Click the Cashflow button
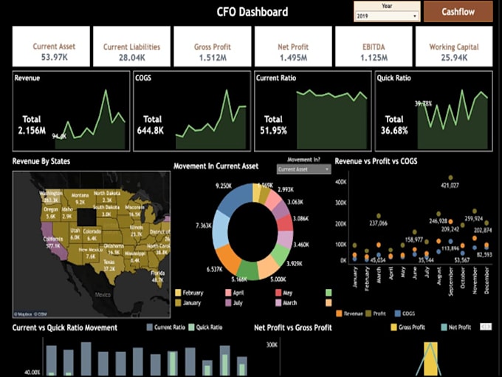click(x=458, y=12)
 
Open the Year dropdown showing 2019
click(x=387, y=16)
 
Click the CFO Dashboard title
click(x=252, y=12)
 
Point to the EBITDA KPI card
click(x=373, y=46)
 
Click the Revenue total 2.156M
click(x=32, y=131)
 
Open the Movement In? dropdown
click(x=304, y=169)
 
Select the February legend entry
click(x=191, y=293)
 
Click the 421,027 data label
click(x=450, y=186)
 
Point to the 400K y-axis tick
click(x=341, y=180)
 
